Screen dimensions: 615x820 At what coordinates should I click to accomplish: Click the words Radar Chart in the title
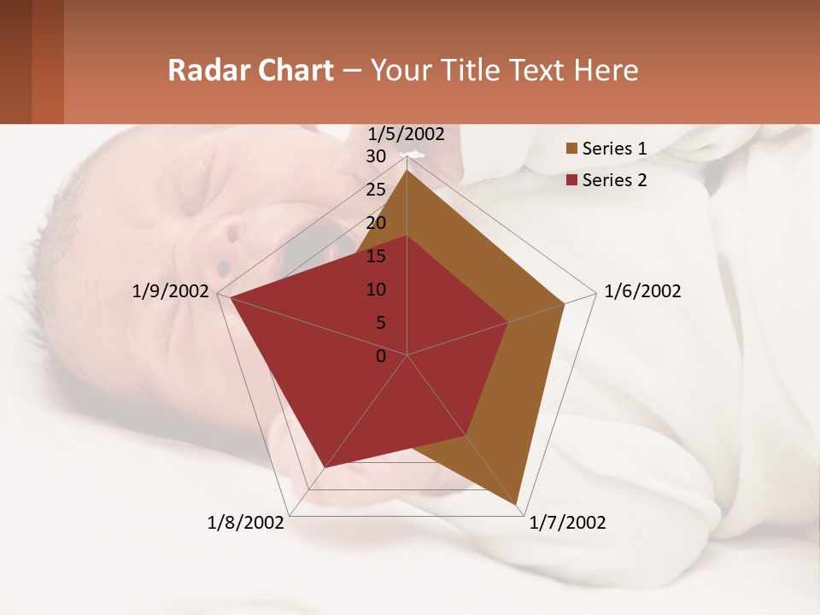pos(250,70)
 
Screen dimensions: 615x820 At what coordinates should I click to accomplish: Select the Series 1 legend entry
pos(614,149)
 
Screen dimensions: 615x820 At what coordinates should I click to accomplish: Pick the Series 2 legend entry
pos(614,180)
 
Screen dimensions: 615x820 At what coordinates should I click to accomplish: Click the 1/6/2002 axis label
pos(642,291)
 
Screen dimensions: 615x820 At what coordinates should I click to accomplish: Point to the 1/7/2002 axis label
pos(567,523)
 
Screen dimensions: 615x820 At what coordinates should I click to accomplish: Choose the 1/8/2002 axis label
pos(245,523)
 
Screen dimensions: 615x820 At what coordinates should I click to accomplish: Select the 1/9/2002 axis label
pos(171,291)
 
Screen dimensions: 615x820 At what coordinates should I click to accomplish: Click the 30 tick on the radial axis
pos(376,156)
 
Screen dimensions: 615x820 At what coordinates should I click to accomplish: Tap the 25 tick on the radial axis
pos(376,190)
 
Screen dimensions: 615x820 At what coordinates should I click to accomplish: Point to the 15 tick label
pos(376,256)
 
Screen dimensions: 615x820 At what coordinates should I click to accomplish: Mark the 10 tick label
pos(376,290)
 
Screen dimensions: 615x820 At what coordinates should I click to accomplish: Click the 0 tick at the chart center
pos(381,356)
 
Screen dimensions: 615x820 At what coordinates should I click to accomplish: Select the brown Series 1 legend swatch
pos(571,149)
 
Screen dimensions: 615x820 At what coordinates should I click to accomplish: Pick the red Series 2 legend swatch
pos(571,180)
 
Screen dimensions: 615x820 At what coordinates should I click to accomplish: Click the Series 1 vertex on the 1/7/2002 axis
pos(518,506)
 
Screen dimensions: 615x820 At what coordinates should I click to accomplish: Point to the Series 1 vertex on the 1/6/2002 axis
pos(565,303)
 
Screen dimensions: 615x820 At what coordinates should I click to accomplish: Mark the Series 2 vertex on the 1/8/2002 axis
pos(325,467)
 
